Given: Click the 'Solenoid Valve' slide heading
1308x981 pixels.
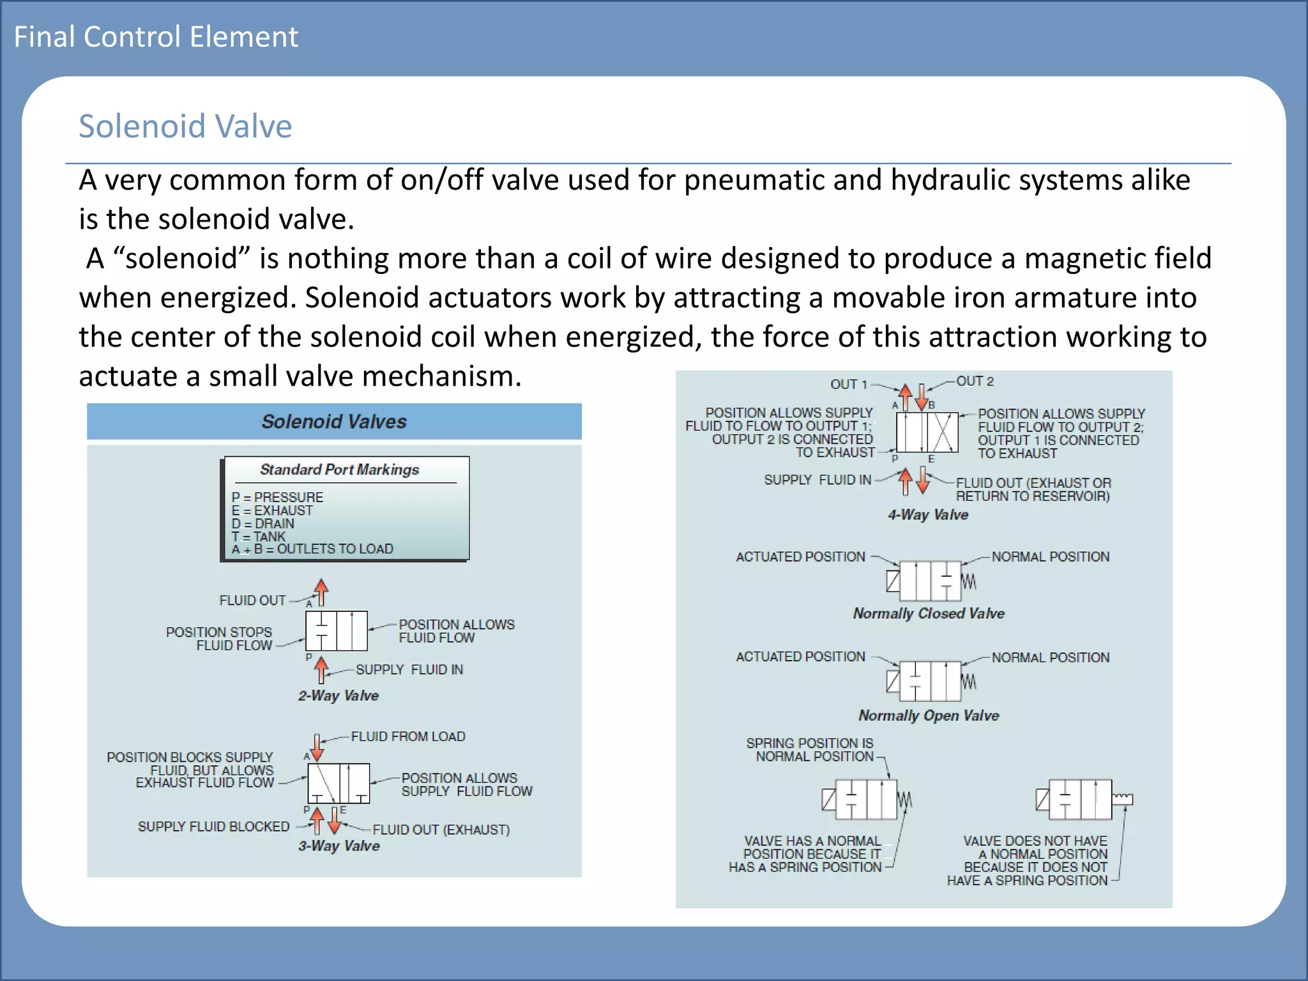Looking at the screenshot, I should click(x=185, y=126).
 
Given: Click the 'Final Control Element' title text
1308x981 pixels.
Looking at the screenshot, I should click(x=156, y=36).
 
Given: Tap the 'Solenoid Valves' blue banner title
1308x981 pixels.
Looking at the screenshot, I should click(x=334, y=422).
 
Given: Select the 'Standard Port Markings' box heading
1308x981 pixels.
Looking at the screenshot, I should click(x=339, y=469).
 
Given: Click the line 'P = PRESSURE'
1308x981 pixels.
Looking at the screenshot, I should click(x=277, y=497).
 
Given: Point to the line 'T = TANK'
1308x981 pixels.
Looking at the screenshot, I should click(x=259, y=536).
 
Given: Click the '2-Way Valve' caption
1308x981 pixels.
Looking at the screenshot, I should click(x=338, y=696).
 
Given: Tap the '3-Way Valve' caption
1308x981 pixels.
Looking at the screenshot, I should click(x=339, y=846).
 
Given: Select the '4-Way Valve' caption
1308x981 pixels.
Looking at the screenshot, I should click(x=928, y=515).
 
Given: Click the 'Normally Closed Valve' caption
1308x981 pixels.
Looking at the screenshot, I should click(x=929, y=613).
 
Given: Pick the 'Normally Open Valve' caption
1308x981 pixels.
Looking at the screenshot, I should click(x=929, y=715).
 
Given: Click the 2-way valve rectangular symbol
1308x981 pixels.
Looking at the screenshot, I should click(x=337, y=630).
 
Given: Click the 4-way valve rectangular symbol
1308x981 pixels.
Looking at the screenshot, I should click(x=927, y=432).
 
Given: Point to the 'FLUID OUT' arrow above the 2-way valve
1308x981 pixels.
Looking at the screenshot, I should click(x=321, y=591).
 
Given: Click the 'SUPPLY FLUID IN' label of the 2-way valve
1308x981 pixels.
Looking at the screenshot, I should click(x=409, y=669).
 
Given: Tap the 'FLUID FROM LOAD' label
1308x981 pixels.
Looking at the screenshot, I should click(x=408, y=736).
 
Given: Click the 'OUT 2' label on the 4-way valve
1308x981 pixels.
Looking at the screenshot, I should click(x=975, y=381).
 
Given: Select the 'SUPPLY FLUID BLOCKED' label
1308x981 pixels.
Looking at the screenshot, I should click(x=213, y=826).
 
